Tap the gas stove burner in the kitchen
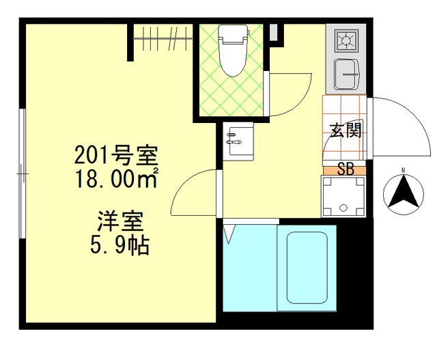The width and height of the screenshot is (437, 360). pos(346,41)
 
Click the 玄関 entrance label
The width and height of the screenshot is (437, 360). pos(346,130)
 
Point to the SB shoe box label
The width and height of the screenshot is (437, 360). pos(346,169)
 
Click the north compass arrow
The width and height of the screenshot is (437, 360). pos(402,192)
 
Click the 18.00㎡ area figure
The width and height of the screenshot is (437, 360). pos(117,180)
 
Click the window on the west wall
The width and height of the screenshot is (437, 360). pos(23,175)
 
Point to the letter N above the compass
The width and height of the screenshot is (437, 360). pos(403,170)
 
